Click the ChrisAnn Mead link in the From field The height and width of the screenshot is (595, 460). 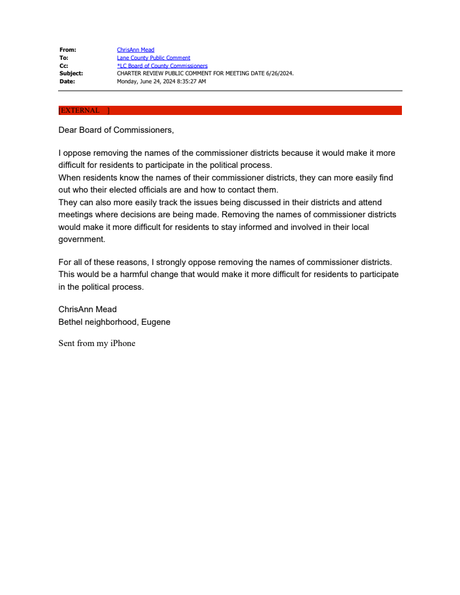click(x=135, y=50)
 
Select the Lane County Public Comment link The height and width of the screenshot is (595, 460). click(x=154, y=58)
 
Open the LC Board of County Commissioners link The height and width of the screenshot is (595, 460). click(x=162, y=66)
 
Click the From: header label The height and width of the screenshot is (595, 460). click(x=68, y=50)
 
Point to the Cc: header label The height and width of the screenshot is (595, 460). click(x=64, y=66)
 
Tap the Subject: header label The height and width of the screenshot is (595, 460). click(x=71, y=74)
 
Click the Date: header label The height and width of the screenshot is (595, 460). click(x=67, y=82)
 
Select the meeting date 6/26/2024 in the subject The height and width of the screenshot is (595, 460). click(x=279, y=74)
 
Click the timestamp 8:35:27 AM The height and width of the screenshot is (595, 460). click(x=187, y=82)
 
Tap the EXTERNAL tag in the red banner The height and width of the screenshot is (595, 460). click(x=80, y=110)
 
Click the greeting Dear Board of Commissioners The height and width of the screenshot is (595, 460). click(x=116, y=130)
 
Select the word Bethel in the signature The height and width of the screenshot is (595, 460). click(x=70, y=322)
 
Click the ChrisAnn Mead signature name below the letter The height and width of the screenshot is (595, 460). click(x=87, y=309)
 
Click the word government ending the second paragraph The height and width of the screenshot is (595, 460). click(x=81, y=240)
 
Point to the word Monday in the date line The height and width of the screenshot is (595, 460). click(x=128, y=82)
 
